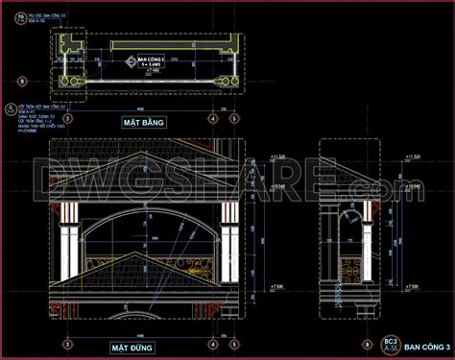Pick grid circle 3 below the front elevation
pos(65,344)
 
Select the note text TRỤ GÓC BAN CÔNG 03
pos(38,16)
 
